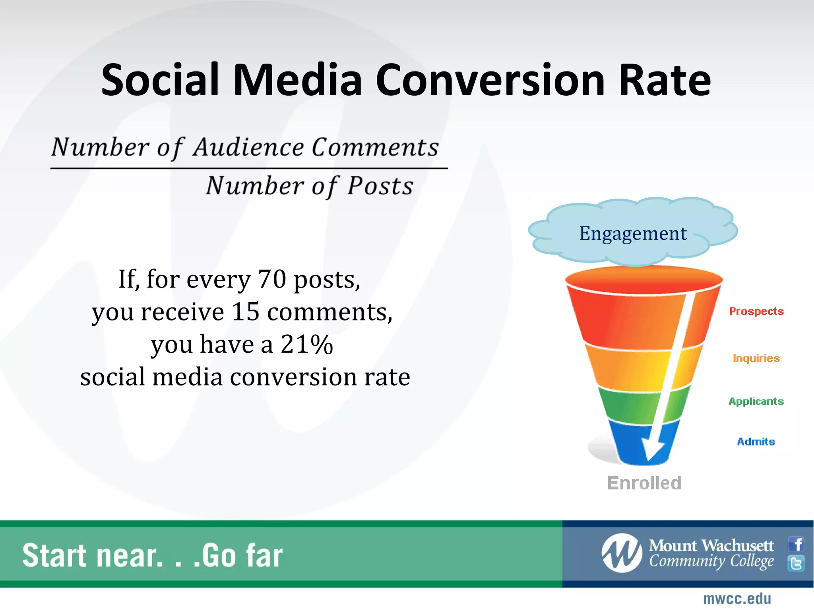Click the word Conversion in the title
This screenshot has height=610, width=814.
tap(490, 81)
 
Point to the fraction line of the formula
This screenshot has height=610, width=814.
tap(249, 168)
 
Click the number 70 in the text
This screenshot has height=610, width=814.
tap(272, 279)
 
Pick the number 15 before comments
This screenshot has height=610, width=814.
tap(245, 312)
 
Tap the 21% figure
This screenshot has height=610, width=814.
tap(306, 344)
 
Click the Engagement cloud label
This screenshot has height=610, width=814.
tap(633, 233)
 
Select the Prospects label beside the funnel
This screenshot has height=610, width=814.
tap(756, 311)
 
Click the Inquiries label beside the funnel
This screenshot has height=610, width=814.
tap(756, 358)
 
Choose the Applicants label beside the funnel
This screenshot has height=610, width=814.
tap(756, 402)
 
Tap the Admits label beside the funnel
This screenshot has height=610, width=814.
tap(756, 442)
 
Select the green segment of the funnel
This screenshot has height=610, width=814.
tap(628, 407)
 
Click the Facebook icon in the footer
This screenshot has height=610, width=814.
tap(796, 544)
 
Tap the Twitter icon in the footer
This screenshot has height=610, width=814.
tap(796, 563)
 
